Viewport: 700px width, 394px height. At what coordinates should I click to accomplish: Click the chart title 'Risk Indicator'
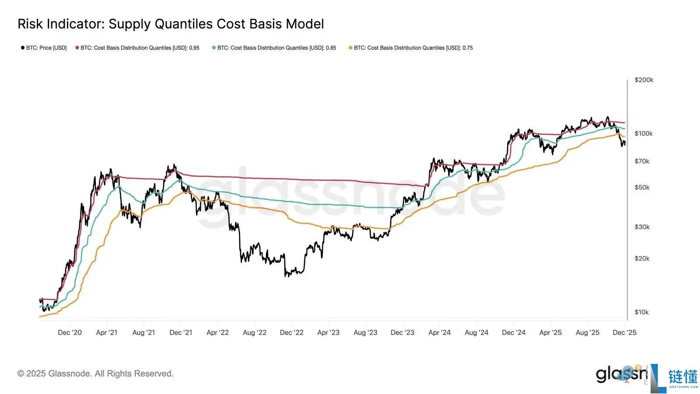pos(171,24)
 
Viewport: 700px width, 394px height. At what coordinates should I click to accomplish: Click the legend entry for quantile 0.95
pos(140,48)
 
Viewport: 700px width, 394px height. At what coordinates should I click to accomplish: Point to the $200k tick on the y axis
pos(644,80)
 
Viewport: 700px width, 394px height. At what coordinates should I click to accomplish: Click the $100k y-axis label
pos(644,134)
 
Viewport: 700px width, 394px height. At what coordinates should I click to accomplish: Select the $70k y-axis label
pos(642,161)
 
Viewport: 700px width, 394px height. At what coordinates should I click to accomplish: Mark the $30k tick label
pos(642,227)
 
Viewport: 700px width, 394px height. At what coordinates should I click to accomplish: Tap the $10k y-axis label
pos(641,312)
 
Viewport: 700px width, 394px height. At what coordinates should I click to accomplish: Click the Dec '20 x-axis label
pos(70,333)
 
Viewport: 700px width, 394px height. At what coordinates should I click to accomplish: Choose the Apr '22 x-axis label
pos(217,333)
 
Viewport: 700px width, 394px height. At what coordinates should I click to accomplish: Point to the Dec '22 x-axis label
pos(291,333)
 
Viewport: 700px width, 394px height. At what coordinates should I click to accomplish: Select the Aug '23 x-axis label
pos(365,333)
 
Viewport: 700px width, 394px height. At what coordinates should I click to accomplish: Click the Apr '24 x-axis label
pos(439,333)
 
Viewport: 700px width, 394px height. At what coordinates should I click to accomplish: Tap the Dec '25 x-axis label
pos(624,333)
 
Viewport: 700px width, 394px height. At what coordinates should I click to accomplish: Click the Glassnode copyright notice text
pos(95,373)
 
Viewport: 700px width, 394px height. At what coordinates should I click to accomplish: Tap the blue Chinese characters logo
pos(682,376)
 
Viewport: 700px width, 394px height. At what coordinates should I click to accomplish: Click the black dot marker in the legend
pos(23,48)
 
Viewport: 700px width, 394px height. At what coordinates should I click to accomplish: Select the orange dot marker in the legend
pos(350,48)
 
